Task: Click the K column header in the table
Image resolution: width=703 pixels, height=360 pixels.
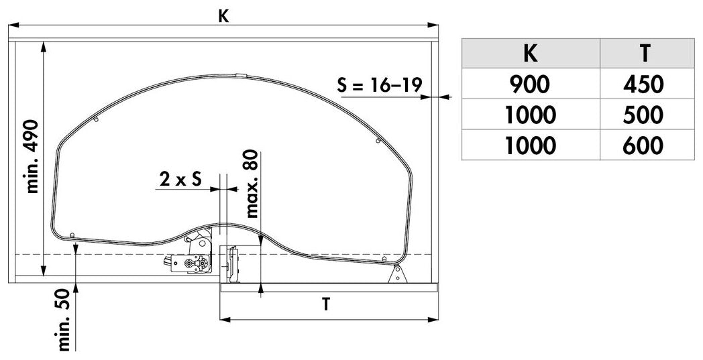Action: (531, 54)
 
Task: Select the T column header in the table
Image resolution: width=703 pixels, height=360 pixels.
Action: (647, 54)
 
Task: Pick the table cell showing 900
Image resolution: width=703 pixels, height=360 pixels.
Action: (531, 84)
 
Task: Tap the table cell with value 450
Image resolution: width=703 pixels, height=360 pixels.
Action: (647, 84)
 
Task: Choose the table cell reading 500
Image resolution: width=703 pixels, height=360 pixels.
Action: (647, 115)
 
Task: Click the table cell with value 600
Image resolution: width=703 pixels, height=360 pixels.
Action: (647, 145)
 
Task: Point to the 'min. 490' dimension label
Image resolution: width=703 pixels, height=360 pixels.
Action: (33, 156)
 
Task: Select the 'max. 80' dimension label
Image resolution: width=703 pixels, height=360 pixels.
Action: (252, 184)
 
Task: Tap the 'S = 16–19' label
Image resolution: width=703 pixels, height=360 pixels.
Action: (380, 85)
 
